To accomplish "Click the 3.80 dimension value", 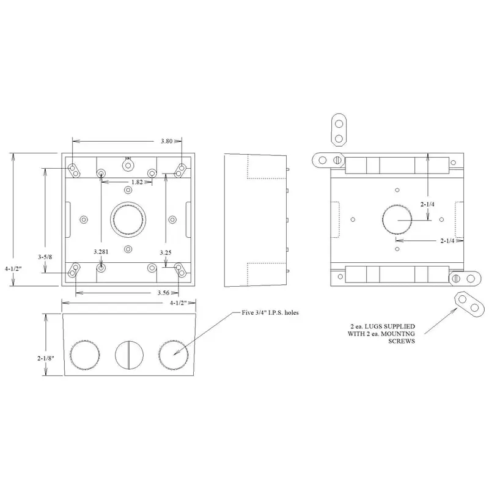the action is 166,141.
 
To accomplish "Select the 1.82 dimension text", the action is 137,182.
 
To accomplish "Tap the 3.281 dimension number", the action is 101,252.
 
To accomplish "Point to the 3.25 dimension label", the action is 166,252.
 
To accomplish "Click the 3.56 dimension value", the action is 163,293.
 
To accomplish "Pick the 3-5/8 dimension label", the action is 45,257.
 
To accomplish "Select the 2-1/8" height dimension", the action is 46,358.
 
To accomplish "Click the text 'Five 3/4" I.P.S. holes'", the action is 270,312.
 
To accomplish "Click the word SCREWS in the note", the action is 402,341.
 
